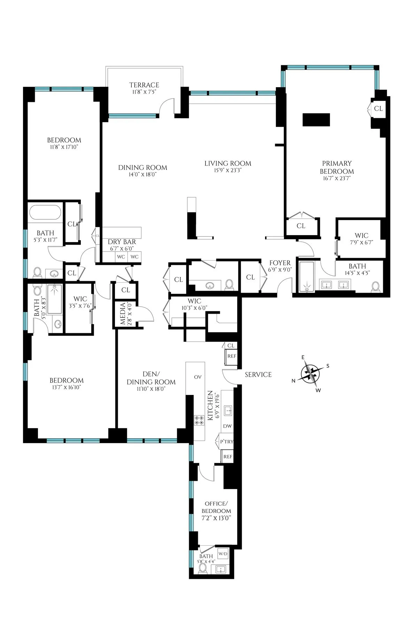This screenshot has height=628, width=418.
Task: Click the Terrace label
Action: pyautogui.click(x=144, y=85)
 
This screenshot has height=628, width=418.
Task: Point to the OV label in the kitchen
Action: pyautogui.click(x=198, y=377)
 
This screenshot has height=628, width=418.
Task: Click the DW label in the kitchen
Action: pyautogui.click(x=227, y=426)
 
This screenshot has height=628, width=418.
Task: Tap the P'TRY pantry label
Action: pyautogui.click(x=226, y=442)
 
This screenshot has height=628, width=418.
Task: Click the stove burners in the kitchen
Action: pyautogui.click(x=199, y=420)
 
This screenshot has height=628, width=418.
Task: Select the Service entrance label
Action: pyautogui.click(x=258, y=374)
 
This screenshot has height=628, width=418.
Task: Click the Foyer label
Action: pyautogui.click(x=280, y=263)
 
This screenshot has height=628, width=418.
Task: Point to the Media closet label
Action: pyautogui.click(x=123, y=314)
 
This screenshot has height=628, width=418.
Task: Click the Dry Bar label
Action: pyautogui.click(x=122, y=242)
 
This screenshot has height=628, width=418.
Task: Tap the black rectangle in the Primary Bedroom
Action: pyautogui.click(x=316, y=120)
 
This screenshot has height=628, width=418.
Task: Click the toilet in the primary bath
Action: pyautogui.click(x=376, y=287)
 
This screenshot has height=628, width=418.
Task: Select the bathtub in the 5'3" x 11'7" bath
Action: pyautogui.click(x=45, y=212)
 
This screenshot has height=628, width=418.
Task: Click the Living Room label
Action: pyautogui.click(x=227, y=163)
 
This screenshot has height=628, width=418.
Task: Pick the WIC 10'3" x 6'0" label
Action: pyautogui.click(x=194, y=301)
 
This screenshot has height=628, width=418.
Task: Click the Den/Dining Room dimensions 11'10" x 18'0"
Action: pyautogui.click(x=151, y=389)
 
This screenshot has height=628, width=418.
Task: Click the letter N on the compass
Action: pyautogui.click(x=294, y=381)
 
